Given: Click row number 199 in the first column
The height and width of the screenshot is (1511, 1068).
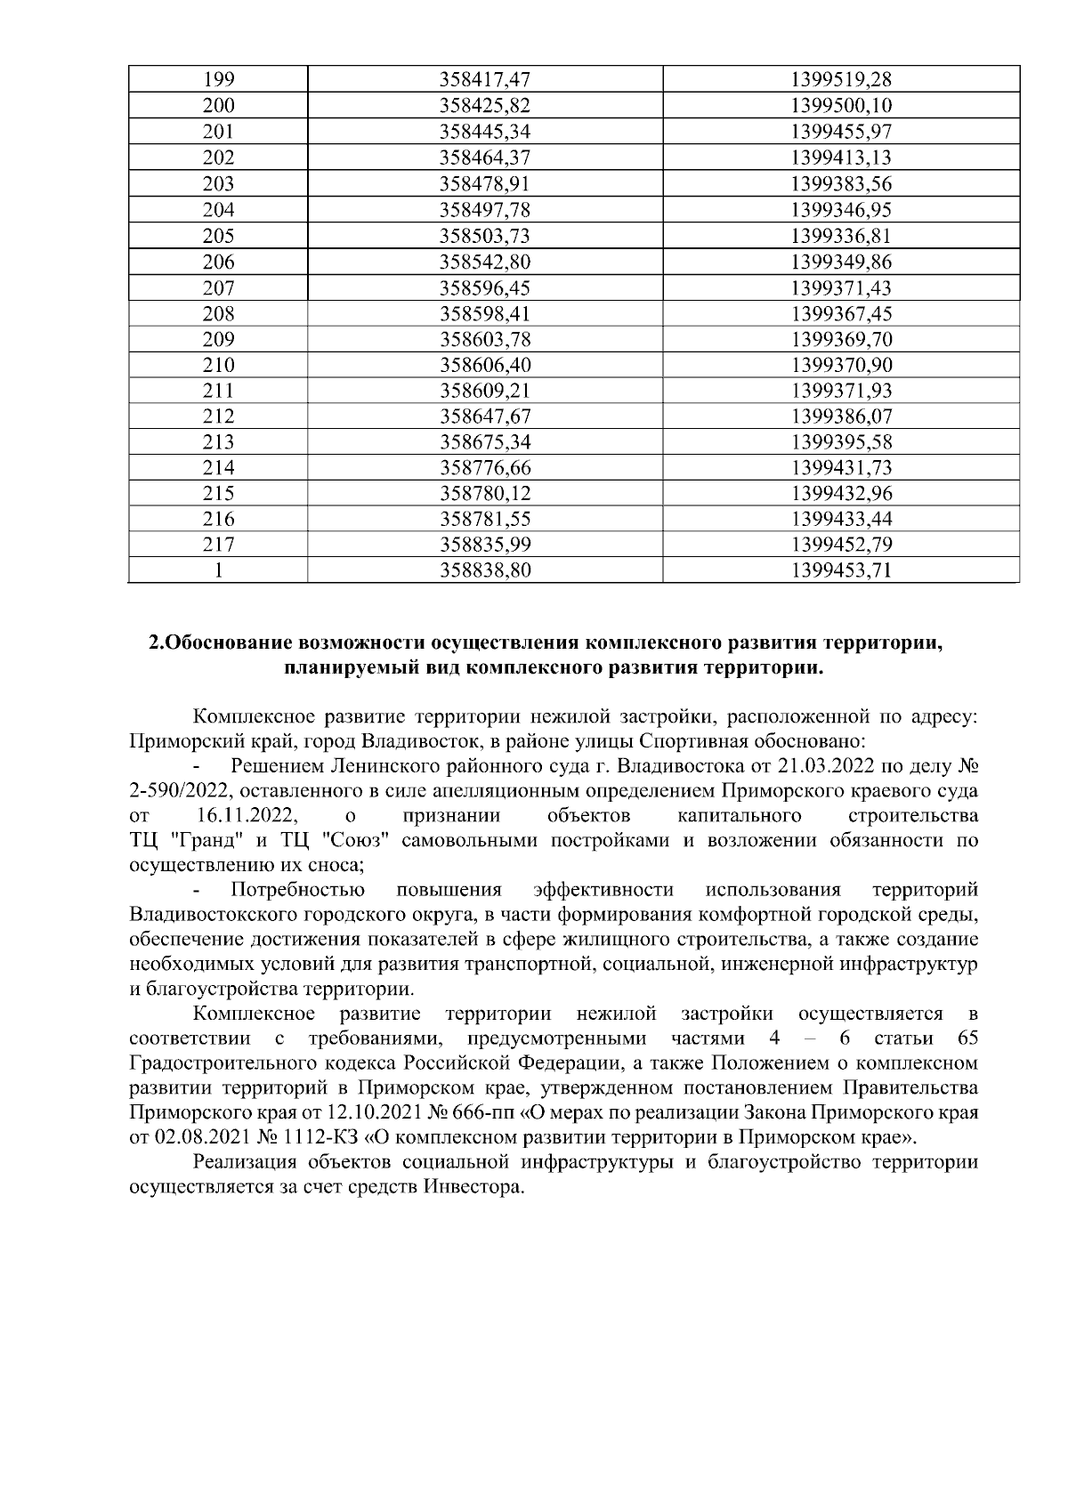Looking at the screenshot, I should (218, 80).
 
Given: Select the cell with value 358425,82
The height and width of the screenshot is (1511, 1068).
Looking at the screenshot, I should (485, 106).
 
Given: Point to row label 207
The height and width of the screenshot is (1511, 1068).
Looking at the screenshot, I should (218, 287).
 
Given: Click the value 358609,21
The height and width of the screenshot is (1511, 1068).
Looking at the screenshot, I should (485, 391).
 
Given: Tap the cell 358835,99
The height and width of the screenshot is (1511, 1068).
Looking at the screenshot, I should (485, 545).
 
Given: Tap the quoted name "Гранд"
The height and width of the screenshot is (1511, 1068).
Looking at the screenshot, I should (202, 841).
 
